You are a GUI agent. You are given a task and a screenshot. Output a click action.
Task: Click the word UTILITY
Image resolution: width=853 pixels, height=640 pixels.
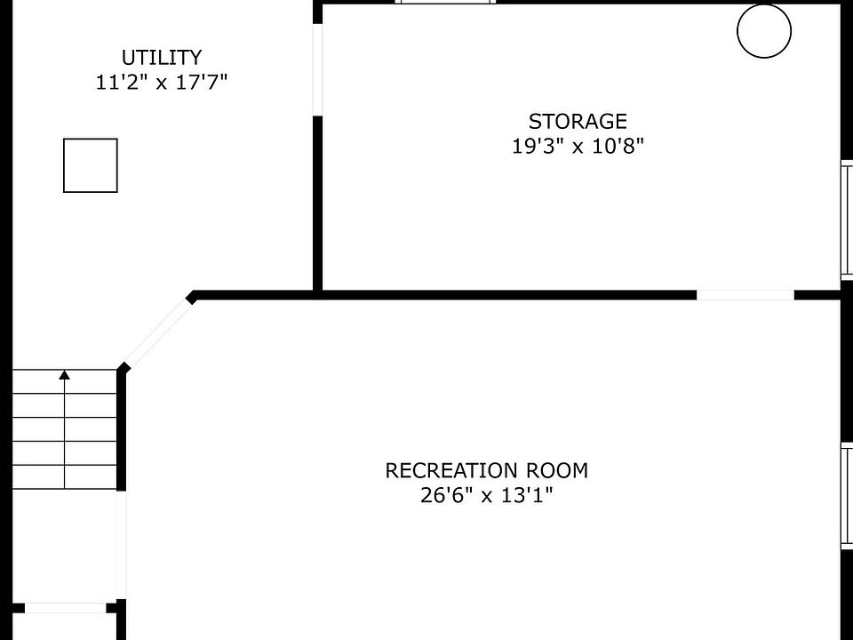[x=162, y=58]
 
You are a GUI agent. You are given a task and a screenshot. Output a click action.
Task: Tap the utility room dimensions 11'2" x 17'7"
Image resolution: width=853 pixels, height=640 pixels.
[x=162, y=82]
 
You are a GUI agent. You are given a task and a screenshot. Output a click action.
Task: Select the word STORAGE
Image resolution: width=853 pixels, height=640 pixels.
[x=578, y=122]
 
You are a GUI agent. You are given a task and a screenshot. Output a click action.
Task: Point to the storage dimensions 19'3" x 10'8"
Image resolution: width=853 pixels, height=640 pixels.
[x=578, y=146]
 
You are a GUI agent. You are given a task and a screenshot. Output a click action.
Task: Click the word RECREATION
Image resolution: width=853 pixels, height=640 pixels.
[x=451, y=471]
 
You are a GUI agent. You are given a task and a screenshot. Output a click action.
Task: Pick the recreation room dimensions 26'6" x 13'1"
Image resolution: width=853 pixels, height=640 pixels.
[x=487, y=495]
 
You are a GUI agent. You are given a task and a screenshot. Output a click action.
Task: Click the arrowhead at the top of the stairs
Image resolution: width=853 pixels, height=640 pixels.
[x=65, y=374]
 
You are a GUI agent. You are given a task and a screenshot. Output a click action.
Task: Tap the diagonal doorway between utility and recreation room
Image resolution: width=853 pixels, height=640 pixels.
[x=156, y=332]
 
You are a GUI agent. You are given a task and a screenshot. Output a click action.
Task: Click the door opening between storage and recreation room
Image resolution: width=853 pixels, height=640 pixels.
[x=745, y=295]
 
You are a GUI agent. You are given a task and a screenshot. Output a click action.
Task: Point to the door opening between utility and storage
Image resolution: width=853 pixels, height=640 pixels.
[x=318, y=69]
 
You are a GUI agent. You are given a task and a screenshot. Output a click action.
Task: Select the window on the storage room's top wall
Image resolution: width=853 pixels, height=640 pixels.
[x=445, y=2]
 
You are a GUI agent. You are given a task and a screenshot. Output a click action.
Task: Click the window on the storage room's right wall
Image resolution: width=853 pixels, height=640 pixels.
[x=847, y=220]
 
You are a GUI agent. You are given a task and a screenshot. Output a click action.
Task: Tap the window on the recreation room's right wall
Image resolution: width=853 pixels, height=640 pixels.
[x=847, y=495]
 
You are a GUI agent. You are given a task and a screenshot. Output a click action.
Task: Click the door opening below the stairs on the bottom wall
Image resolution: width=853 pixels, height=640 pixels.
[x=65, y=608]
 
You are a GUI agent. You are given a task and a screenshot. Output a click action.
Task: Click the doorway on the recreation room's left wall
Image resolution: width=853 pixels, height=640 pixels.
[x=122, y=545]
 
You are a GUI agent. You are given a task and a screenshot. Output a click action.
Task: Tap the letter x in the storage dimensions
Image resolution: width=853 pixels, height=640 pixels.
[x=578, y=148]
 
